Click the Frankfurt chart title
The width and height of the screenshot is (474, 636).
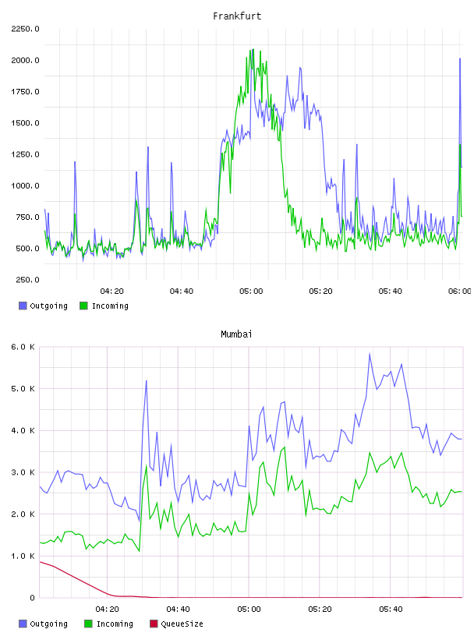[237, 16]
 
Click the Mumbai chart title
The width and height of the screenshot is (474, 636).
[236, 334]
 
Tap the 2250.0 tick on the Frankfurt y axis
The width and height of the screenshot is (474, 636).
[25, 29]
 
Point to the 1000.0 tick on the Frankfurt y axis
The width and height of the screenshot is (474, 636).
[25, 185]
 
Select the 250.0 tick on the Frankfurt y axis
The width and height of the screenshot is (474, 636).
[27, 280]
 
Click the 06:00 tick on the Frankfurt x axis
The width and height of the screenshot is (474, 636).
[460, 291]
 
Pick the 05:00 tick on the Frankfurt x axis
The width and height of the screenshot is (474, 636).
[251, 291]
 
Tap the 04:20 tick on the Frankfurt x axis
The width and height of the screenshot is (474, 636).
[112, 291]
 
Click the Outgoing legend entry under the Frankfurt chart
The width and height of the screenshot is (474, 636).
[44, 306]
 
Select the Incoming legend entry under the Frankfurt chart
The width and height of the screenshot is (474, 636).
[104, 306]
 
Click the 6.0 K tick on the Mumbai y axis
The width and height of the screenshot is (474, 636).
[23, 347]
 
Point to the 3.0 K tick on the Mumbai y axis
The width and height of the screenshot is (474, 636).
[23, 472]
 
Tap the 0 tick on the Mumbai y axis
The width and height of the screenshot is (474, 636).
[32, 598]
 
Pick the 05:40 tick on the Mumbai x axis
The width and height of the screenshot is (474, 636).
[391, 609]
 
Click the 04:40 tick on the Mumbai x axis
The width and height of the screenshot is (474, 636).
[178, 609]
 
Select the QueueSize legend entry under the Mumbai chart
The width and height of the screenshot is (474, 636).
[176, 624]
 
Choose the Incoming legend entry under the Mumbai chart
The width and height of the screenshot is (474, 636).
[109, 624]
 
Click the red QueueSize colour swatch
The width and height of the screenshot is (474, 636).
[154, 624]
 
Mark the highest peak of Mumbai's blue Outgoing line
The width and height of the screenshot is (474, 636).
[370, 354]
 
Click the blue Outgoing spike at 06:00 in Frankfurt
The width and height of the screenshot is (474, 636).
[460, 58]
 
